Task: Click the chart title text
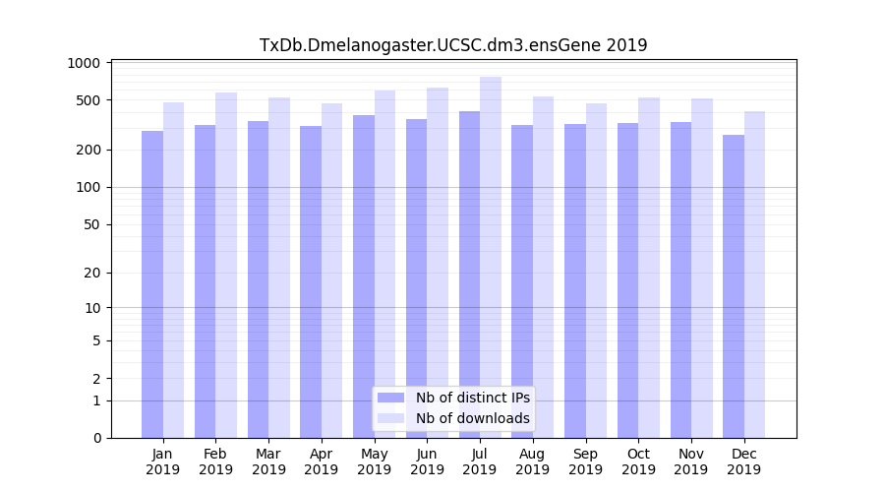click(453, 45)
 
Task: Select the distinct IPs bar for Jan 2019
click(152, 284)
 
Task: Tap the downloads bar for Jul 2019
click(491, 257)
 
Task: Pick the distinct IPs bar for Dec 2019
click(734, 286)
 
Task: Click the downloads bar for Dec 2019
click(755, 275)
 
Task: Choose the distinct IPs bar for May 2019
click(364, 277)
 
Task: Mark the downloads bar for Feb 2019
click(226, 265)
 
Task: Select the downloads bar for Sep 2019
click(596, 271)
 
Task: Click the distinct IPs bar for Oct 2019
click(627, 280)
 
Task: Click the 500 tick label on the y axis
click(88, 100)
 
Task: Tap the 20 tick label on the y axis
click(91, 274)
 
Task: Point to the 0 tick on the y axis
click(95, 438)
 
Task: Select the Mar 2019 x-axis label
click(268, 461)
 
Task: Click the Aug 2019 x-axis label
click(533, 461)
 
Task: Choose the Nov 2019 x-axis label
click(691, 461)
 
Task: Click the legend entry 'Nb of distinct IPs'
click(472, 398)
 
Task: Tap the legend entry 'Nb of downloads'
click(472, 418)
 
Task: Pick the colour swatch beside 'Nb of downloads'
click(390, 418)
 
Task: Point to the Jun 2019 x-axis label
click(427, 461)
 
